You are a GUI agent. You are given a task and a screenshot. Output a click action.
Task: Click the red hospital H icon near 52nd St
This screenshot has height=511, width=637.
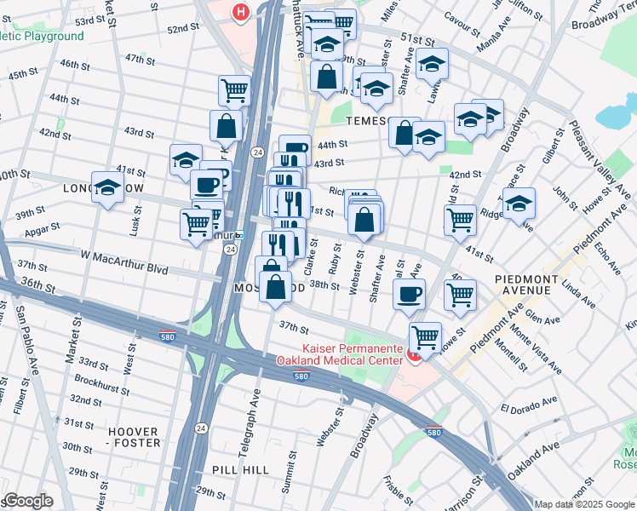pyautogui.click(x=241, y=12)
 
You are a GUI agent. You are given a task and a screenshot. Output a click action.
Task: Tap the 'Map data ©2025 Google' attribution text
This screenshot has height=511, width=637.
pyautogui.click(x=584, y=504)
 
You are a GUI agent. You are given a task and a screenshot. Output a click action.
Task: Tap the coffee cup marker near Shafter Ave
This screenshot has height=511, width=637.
pyautogui.click(x=409, y=294)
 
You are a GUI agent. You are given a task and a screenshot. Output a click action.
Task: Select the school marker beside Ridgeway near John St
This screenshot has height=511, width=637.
pyautogui.click(x=519, y=204)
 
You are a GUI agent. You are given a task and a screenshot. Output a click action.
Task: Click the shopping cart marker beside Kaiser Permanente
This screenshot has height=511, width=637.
pyautogui.click(x=425, y=336)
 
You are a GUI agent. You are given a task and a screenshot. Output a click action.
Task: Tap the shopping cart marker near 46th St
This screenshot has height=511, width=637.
pyautogui.click(x=234, y=89)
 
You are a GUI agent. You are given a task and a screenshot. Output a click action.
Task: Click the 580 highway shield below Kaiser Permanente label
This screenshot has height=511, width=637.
pyautogui.click(x=301, y=376)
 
